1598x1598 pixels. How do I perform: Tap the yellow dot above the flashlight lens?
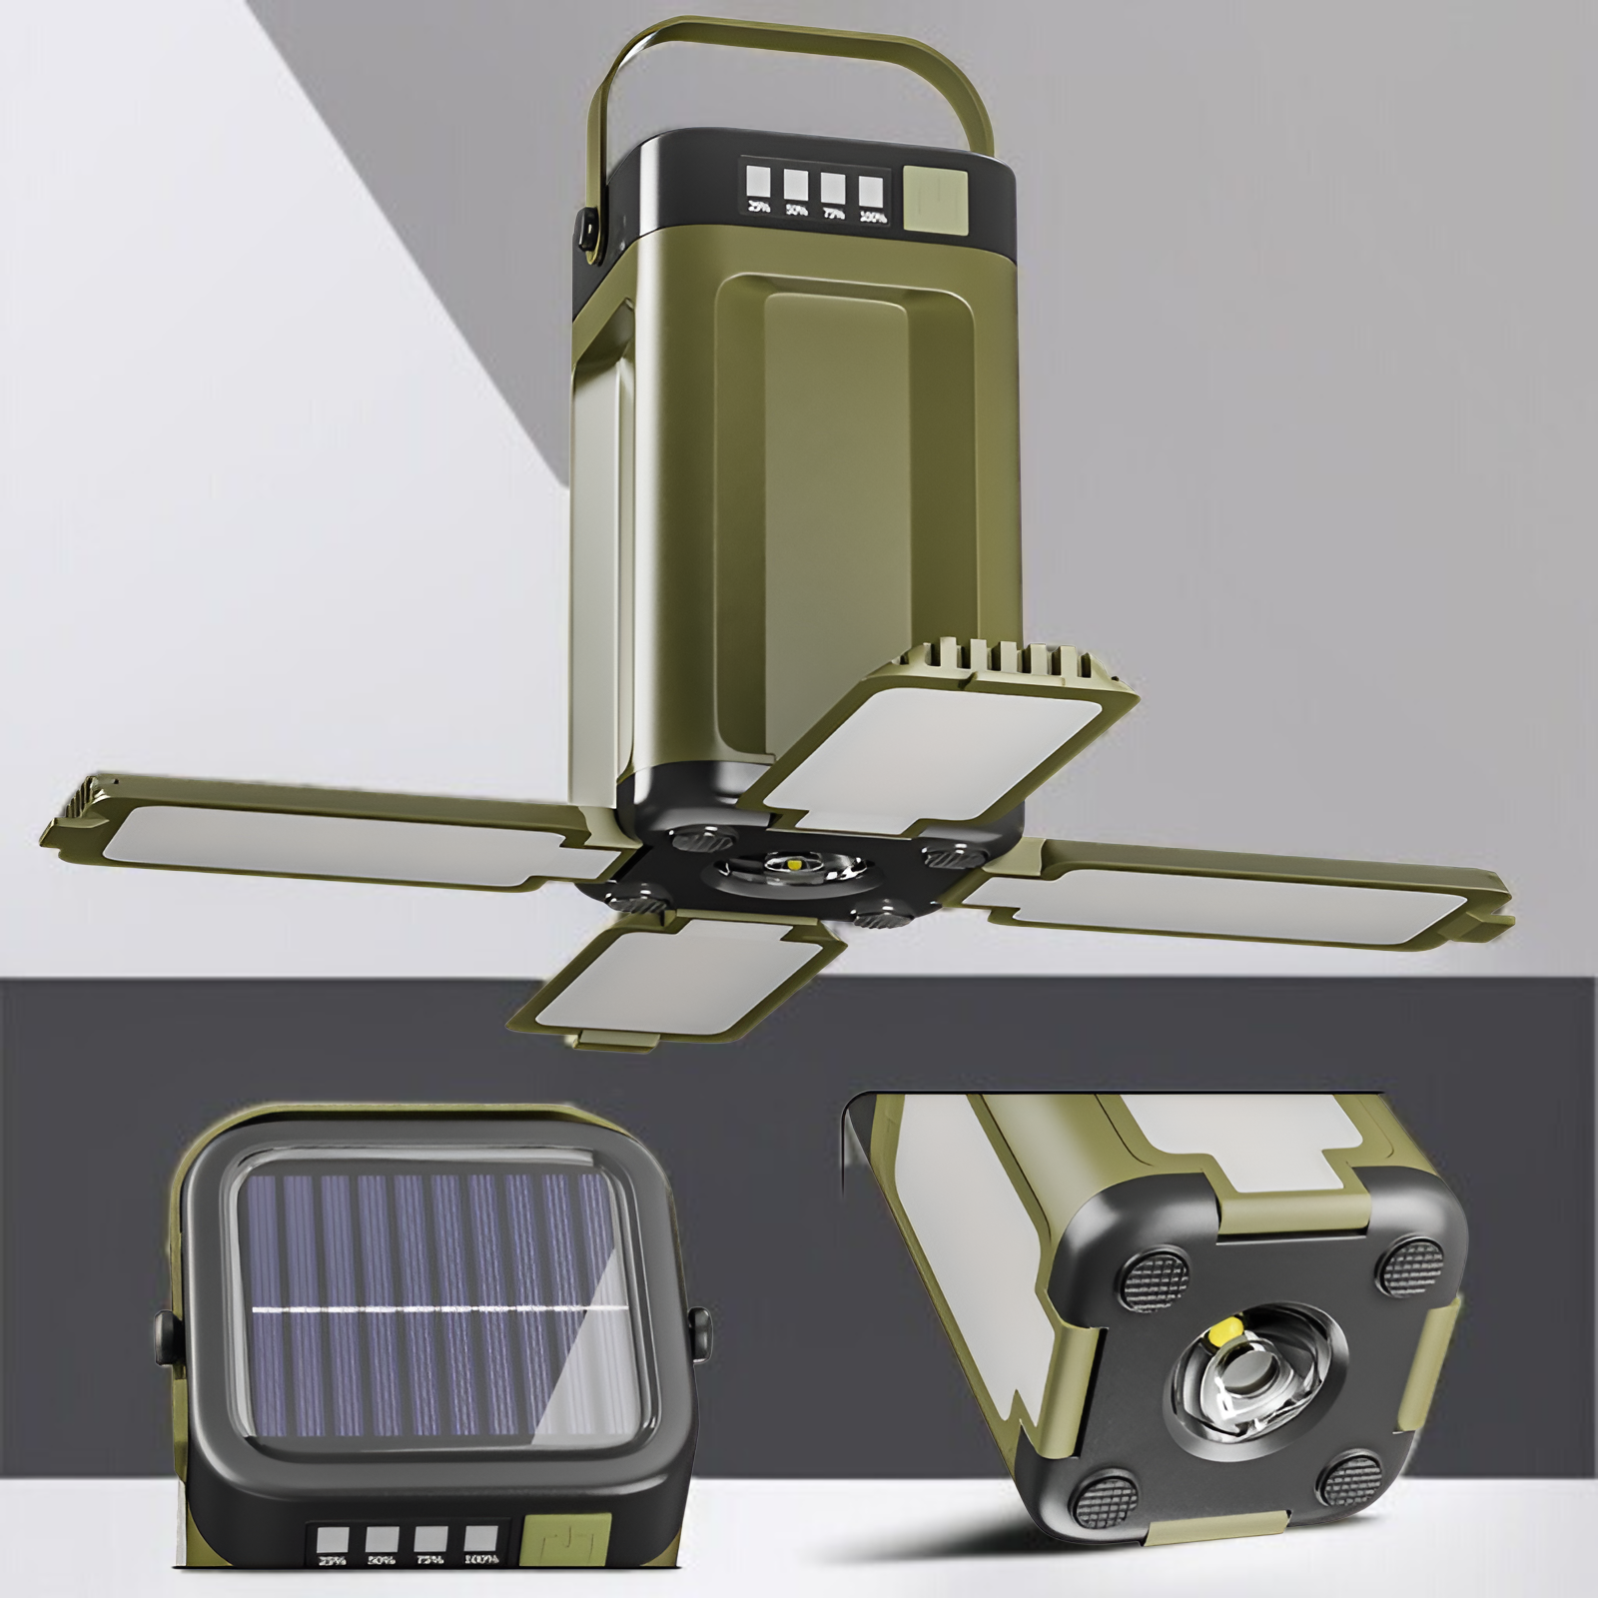(x=1220, y=1329)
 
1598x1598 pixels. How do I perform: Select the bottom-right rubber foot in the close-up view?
(x=1352, y=1478)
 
